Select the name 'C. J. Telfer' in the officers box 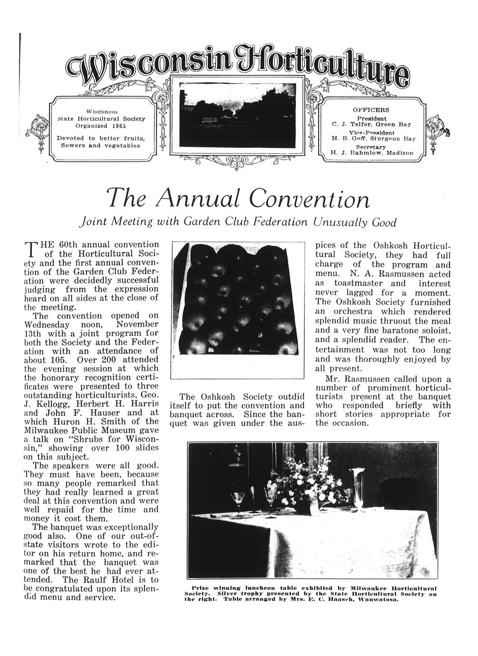[350, 125]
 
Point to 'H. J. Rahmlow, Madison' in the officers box [371, 153]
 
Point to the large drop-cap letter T [29, 251]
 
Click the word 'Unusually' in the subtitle [341, 222]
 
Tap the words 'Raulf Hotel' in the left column [105, 580]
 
